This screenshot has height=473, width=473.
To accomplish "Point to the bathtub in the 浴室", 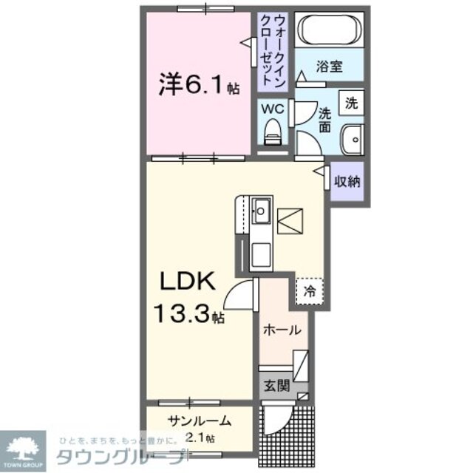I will [x=328, y=31].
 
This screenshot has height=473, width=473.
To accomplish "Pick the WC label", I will [x=274, y=108].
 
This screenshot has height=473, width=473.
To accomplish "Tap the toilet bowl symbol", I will [x=273, y=135].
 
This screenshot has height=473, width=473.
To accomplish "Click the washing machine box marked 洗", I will [x=352, y=103].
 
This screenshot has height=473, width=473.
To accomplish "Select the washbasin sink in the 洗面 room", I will [x=353, y=138].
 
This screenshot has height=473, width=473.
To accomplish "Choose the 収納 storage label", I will [x=347, y=181].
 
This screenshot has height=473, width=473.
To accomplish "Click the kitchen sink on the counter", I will [x=261, y=211].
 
